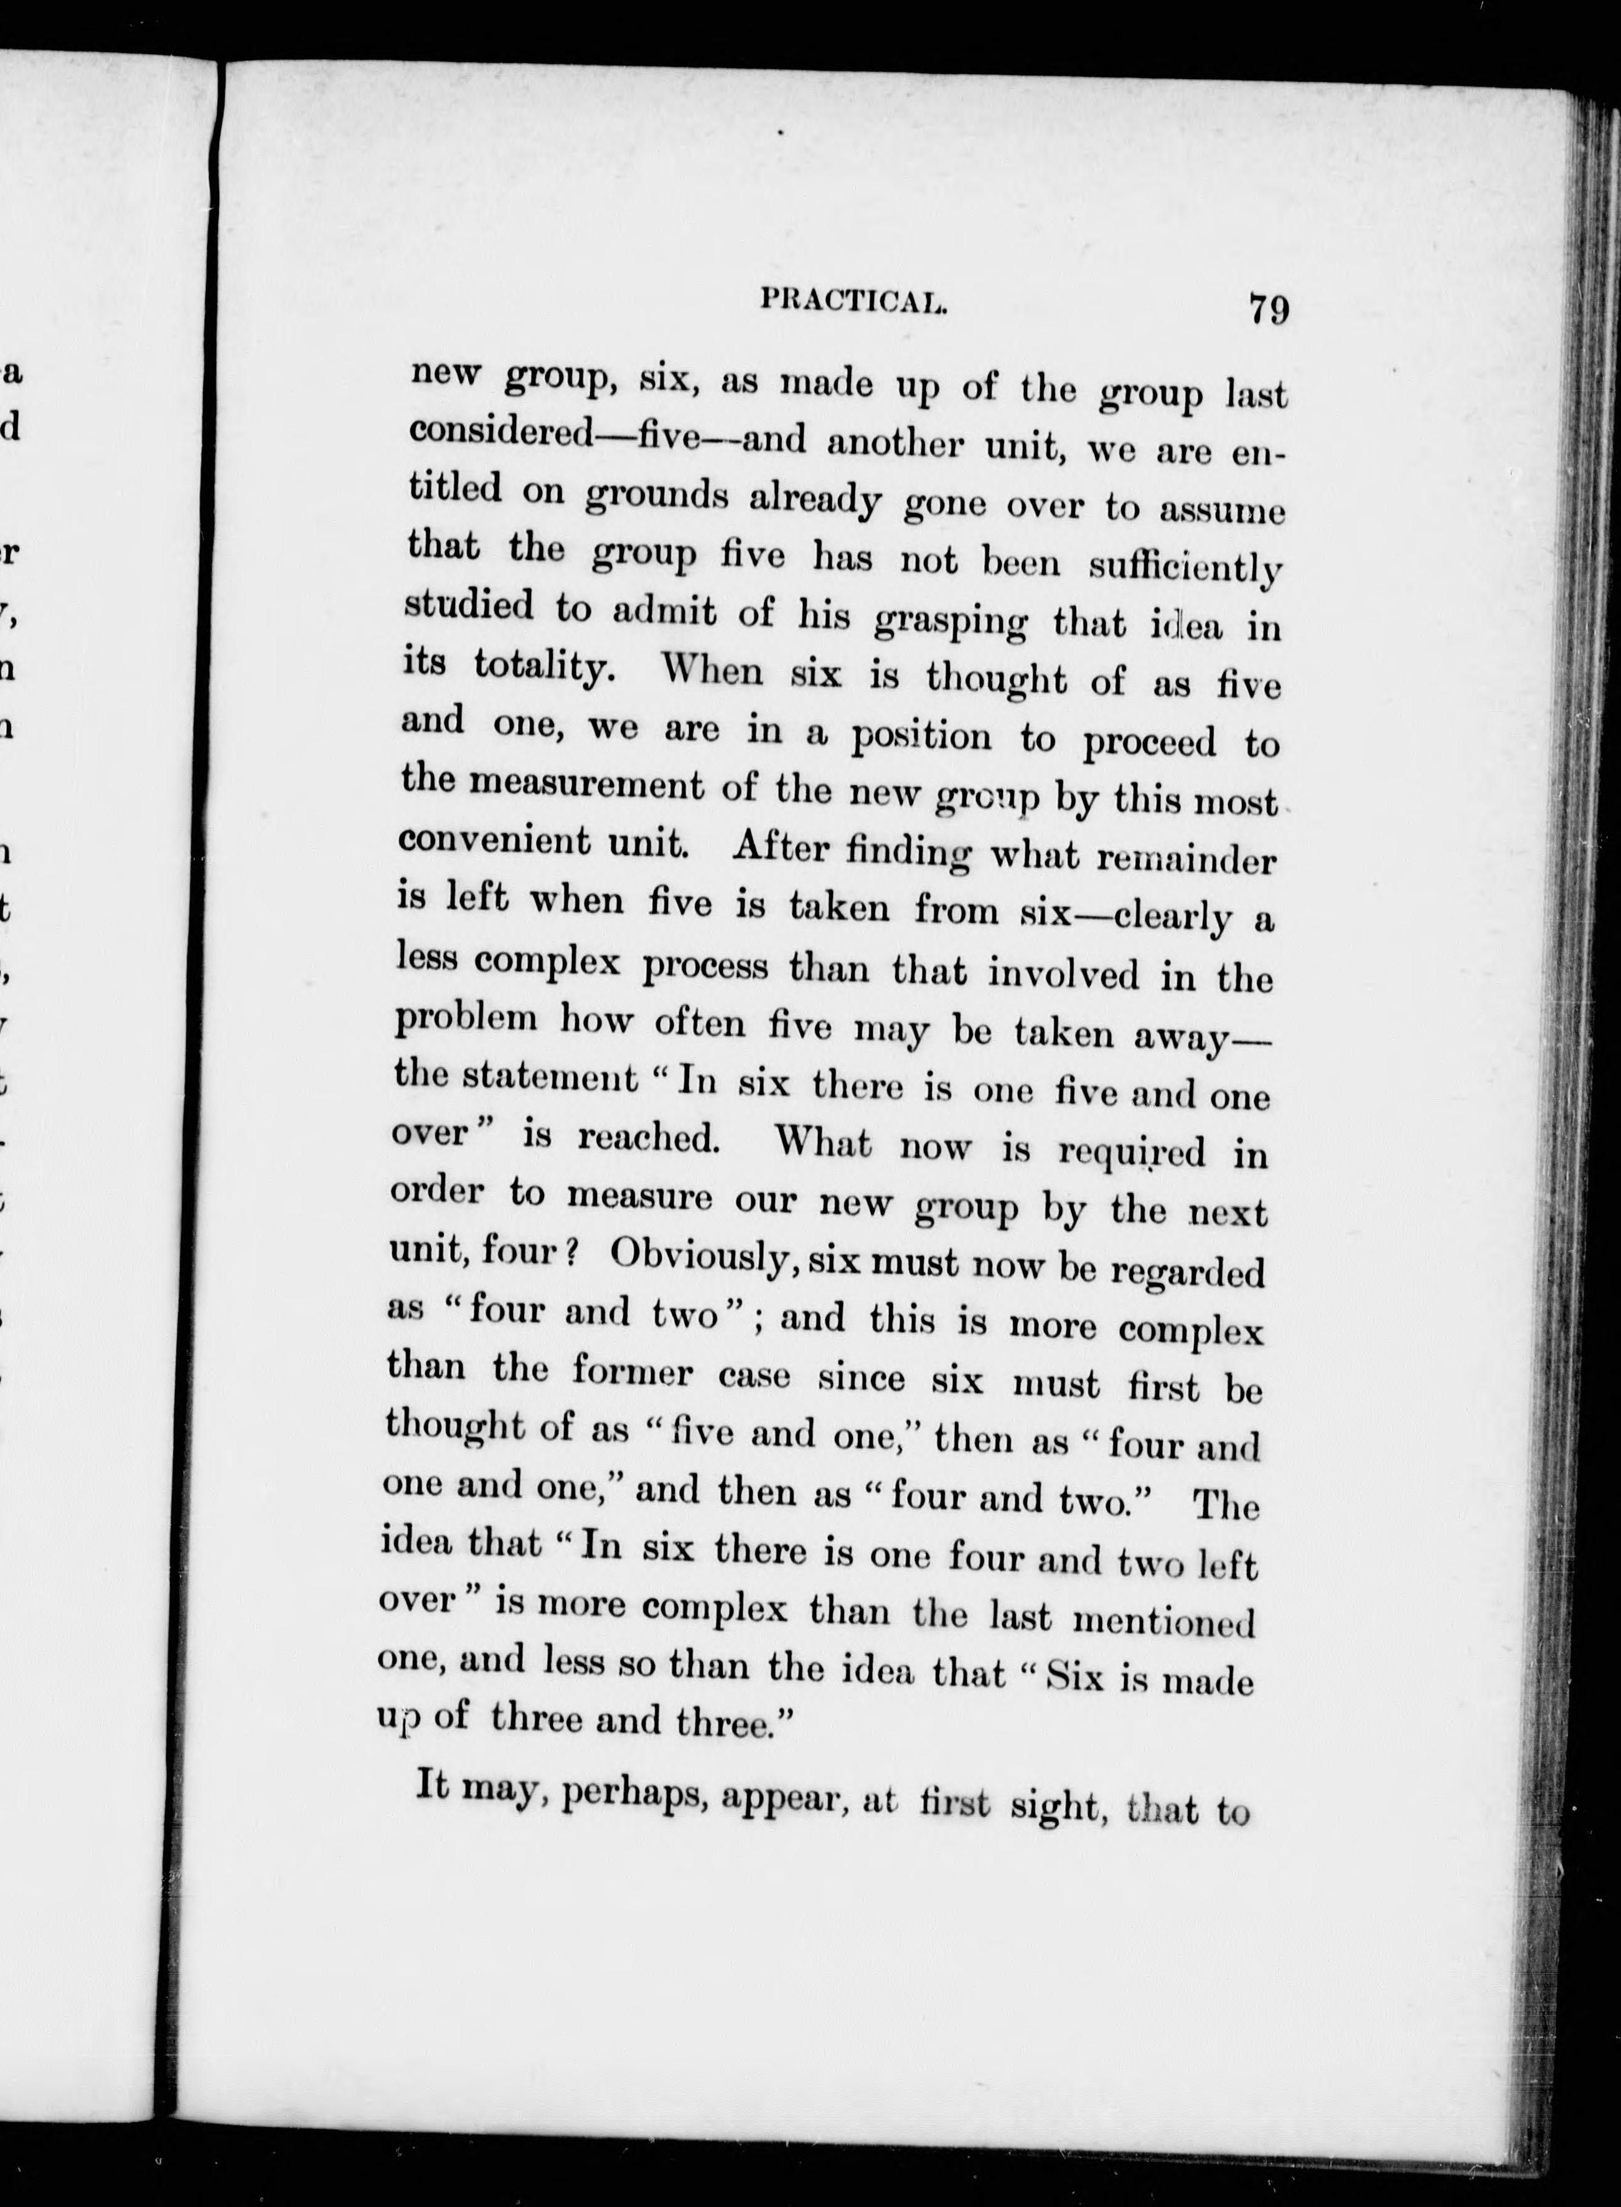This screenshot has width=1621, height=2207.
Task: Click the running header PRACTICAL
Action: click(853, 301)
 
